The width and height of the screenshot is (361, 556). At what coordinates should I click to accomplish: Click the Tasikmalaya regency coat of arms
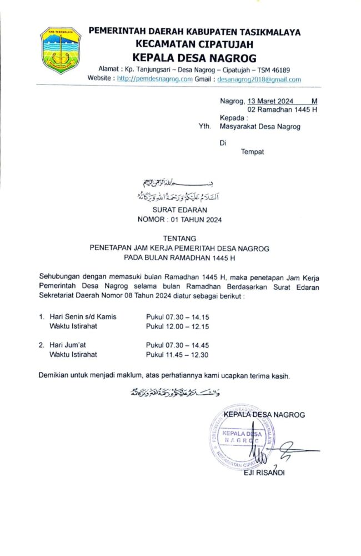pos(61,51)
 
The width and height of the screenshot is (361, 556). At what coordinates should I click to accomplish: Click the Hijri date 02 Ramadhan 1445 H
pos(282,110)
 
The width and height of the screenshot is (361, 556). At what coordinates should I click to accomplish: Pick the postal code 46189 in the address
pos(280,69)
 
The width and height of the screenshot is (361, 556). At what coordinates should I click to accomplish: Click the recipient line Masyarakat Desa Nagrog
pos(260,126)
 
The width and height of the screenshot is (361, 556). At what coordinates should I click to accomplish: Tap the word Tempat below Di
pos(252,151)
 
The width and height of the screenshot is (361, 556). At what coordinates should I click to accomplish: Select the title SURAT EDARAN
pos(179,210)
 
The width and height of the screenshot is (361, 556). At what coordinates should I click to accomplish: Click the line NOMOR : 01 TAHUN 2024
pos(179,220)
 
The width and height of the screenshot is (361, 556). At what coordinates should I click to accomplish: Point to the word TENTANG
pos(179,238)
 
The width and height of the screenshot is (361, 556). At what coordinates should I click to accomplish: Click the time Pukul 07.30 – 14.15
pos(178,316)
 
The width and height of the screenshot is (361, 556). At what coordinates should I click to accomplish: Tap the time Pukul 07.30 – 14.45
pos(178,345)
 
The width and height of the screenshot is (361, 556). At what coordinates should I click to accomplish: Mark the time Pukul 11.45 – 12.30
pos(178,354)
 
